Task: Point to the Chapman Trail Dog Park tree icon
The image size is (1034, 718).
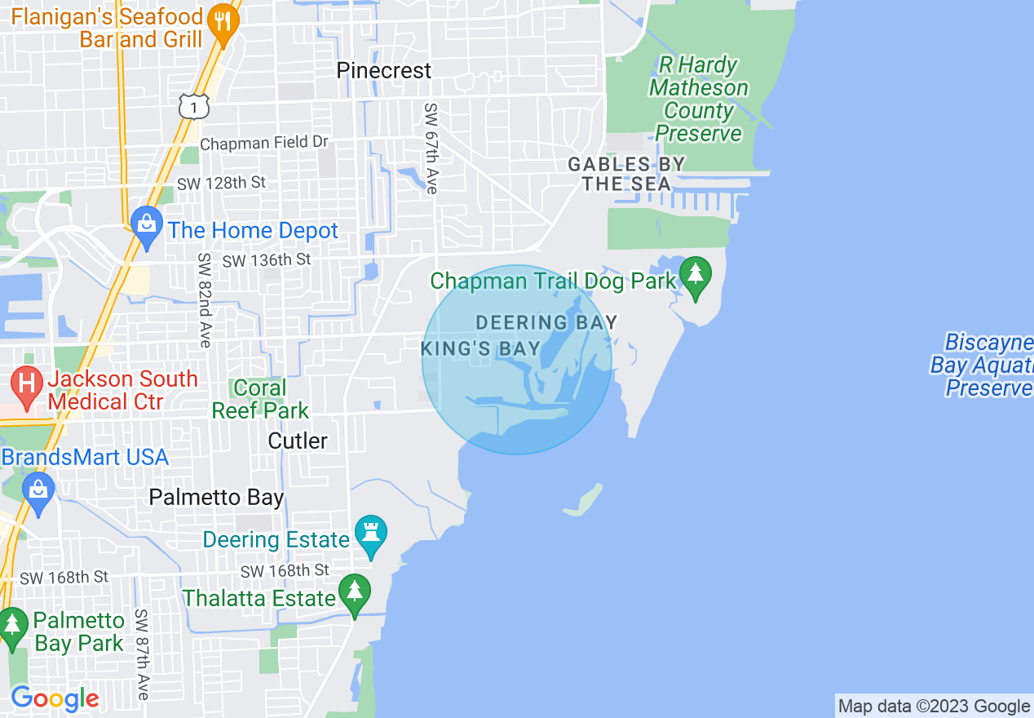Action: point(695,277)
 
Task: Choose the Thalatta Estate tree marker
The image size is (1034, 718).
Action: point(354,595)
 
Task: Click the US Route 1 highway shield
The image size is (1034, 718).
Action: point(194,106)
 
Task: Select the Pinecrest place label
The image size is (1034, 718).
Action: point(383,71)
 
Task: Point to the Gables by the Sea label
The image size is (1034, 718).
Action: point(626,174)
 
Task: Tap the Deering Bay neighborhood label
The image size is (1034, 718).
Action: point(546,322)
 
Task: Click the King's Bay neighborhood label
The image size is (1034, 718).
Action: point(480,349)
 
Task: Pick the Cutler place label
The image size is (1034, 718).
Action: point(298,441)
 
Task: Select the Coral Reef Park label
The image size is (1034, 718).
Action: point(260,399)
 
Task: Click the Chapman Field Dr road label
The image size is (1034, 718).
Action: point(263,143)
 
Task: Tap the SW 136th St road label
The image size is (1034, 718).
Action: point(266,260)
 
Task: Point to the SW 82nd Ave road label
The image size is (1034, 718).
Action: point(204,299)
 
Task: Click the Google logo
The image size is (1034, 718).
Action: point(55,699)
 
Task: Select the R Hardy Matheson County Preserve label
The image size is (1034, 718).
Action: point(698,99)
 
